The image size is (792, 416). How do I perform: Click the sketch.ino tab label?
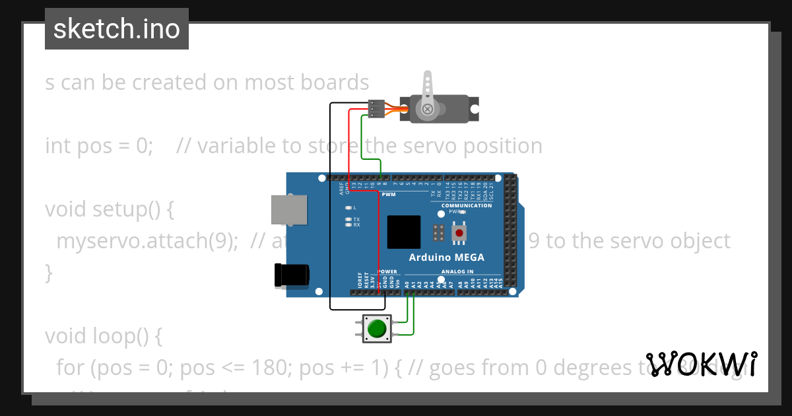tap(117, 29)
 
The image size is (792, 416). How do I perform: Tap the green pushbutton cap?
tap(377, 328)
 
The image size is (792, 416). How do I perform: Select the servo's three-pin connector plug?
tap(376, 109)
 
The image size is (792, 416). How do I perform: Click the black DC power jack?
tap(292, 275)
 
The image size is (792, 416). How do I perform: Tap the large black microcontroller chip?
tap(404, 232)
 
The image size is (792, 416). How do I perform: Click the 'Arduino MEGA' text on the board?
tap(446, 258)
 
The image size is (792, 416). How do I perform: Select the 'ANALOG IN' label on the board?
tap(457, 271)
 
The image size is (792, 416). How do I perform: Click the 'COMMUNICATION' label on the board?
tap(467, 205)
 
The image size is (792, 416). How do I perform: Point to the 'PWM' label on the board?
tap(388, 195)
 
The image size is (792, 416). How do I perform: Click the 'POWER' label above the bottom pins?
tap(387, 271)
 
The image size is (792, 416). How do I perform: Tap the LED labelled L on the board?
tap(348, 208)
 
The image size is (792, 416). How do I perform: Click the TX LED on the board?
tap(348, 219)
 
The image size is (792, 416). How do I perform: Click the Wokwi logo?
tap(702, 364)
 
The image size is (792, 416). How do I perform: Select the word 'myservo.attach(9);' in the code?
tap(147, 241)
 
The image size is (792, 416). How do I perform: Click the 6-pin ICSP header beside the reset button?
tap(438, 232)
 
